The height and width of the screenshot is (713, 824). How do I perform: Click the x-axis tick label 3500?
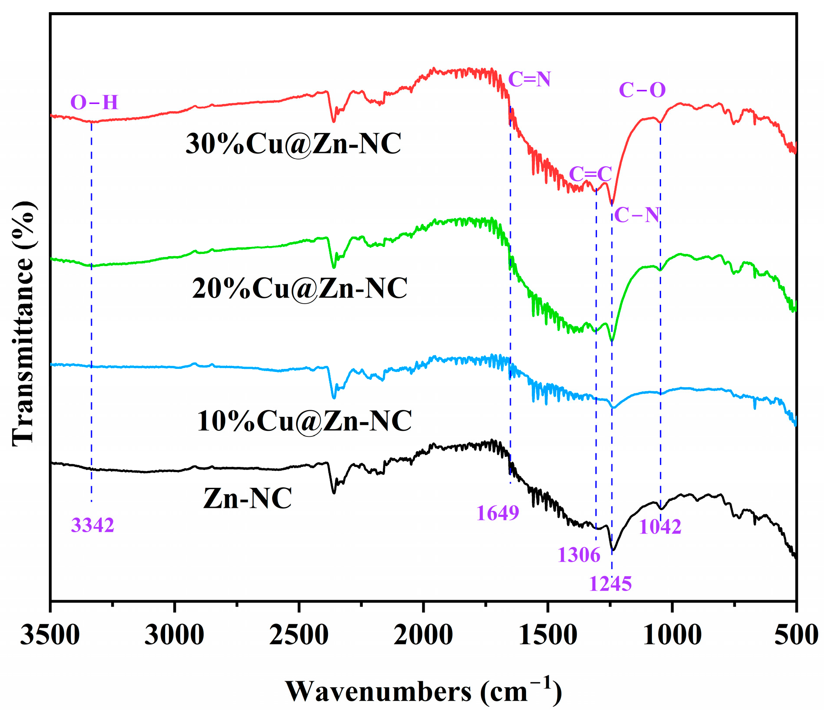50,635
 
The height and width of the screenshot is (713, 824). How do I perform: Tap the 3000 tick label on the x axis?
174,635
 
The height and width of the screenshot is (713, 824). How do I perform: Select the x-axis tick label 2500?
299,635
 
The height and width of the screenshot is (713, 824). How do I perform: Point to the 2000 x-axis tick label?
423,635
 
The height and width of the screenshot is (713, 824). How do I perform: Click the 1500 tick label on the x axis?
547,635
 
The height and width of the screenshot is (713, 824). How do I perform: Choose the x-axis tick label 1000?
672,635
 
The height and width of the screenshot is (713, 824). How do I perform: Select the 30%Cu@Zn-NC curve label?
293,144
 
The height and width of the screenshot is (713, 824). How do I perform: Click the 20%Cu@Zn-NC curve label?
300,288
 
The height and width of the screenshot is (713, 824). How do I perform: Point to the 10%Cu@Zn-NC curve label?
304,421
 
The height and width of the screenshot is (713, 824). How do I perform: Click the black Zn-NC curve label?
247,498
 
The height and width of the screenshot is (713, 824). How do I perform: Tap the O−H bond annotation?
94,103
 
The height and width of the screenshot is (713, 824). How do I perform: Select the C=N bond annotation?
529,79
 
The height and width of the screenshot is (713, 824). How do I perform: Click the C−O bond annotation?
642,90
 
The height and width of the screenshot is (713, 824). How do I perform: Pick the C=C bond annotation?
590,174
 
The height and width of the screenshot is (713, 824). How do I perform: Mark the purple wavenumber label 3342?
92,526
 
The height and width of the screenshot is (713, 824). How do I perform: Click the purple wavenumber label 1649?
498,513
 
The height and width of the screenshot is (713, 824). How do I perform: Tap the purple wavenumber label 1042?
660,527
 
